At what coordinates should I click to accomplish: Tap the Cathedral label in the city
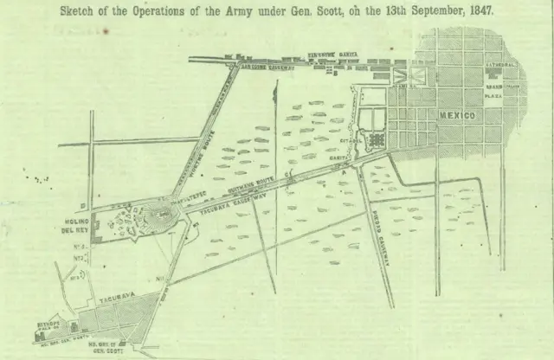[501, 65]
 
